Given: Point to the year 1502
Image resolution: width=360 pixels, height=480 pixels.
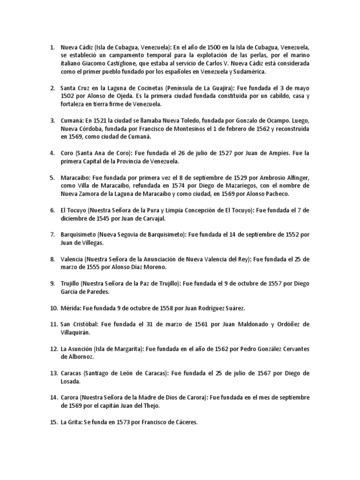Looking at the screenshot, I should coord(68,96).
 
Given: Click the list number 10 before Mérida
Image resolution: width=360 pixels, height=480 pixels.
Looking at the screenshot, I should coord(53,308).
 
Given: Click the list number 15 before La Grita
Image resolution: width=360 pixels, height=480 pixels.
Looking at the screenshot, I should coord(53,422).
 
